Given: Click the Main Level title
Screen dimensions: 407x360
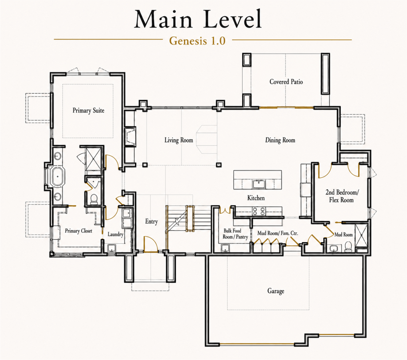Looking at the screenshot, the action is (x=198, y=19).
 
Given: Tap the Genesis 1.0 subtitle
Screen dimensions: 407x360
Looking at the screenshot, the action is (x=197, y=41).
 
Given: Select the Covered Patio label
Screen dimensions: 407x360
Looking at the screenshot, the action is (x=286, y=82).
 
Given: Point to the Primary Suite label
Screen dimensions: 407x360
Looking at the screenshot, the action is (x=88, y=110).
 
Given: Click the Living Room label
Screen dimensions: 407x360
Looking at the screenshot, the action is (x=179, y=140).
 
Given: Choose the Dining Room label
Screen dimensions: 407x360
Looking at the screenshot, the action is (x=280, y=140).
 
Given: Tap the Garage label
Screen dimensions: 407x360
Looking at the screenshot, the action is (x=276, y=291).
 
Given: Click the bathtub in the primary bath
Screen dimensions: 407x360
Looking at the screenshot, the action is (x=58, y=176).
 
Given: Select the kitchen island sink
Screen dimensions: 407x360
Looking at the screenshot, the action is (x=259, y=184).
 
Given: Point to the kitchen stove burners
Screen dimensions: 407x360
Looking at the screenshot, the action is (x=259, y=212).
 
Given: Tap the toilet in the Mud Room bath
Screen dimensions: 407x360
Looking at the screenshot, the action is (x=348, y=246).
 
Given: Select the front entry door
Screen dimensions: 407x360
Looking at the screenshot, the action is (x=151, y=244).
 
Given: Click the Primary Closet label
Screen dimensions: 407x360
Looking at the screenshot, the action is (x=78, y=231).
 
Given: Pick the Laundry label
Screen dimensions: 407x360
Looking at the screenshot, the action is (x=115, y=234).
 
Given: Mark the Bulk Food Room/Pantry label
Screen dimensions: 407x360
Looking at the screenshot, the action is (x=235, y=234).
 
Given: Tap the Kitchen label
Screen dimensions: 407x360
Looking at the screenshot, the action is (x=256, y=198).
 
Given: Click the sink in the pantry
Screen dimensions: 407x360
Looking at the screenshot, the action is (x=225, y=248).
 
